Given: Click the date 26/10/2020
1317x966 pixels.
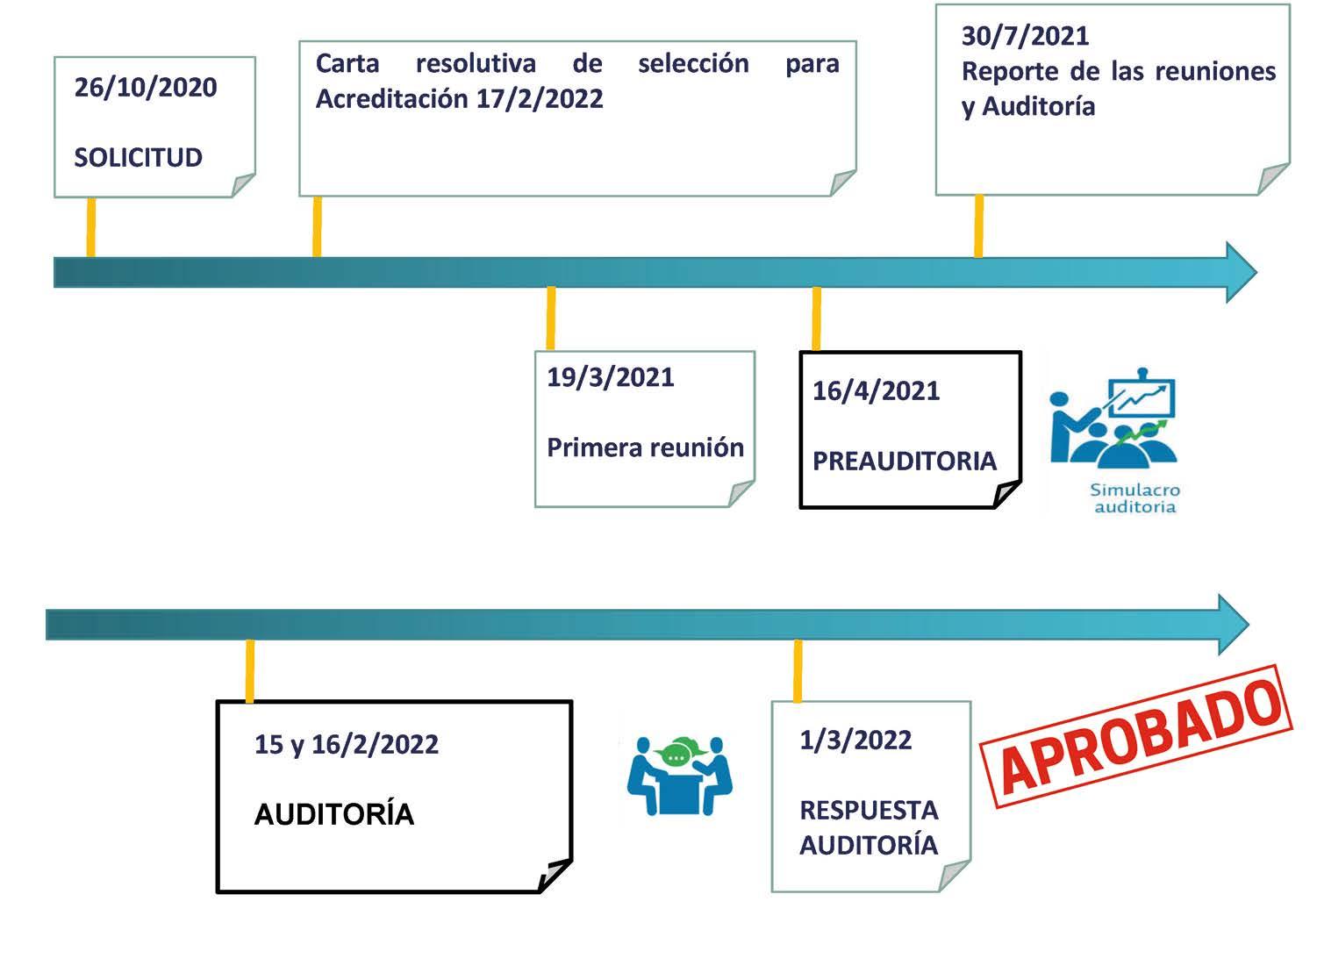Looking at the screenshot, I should (145, 88).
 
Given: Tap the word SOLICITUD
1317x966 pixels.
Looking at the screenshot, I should (138, 158).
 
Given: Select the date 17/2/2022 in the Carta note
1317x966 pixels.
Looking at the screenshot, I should (540, 99).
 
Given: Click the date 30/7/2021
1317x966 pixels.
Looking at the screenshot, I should (1025, 36).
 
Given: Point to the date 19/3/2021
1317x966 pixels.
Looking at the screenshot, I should (610, 377).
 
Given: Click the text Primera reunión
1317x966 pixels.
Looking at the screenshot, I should (645, 447).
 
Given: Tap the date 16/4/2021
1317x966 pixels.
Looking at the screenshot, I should (876, 391).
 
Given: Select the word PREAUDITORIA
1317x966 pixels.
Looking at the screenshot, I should (904, 462).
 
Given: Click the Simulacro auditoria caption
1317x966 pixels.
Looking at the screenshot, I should (1134, 498).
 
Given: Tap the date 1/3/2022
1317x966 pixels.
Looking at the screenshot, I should (855, 741).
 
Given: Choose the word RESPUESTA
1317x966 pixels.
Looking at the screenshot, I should (869, 810).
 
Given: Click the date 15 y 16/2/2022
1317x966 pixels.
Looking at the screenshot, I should (346, 745).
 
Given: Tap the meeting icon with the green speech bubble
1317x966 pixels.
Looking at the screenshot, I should (679, 776).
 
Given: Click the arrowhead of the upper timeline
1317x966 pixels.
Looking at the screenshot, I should (1240, 272).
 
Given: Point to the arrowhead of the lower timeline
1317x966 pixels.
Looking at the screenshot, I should (1232, 624).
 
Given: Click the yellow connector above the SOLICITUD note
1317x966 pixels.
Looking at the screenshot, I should (90, 226).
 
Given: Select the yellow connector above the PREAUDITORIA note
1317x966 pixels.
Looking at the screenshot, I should (816, 318).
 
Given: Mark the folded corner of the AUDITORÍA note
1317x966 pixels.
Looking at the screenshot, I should (555, 875).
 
